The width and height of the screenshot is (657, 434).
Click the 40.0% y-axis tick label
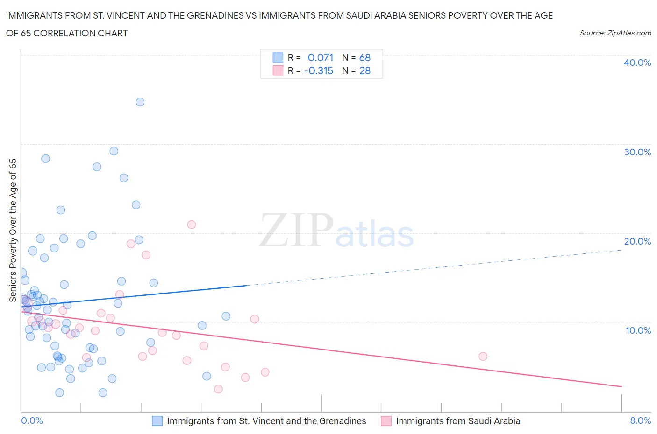point(637,63)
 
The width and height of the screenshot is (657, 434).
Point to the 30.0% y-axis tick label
point(637,152)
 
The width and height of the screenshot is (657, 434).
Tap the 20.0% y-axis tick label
point(637,241)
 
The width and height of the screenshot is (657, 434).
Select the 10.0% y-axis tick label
point(638,330)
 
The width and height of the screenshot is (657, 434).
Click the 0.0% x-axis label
point(32,420)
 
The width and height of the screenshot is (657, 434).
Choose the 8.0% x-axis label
point(640,420)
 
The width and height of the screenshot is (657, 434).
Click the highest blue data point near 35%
point(140,102)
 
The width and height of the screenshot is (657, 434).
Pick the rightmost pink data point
point(483,357)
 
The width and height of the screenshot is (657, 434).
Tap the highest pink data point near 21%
point(191,224)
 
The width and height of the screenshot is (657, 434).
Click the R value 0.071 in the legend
point(321,57)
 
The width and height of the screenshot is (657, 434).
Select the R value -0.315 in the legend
point(319,70)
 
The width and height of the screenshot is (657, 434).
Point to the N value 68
point(364,57)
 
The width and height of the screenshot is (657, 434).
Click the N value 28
point(364,70)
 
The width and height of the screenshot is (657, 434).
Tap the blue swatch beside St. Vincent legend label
point(157,421)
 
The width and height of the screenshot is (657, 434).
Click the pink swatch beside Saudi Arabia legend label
point(386,421)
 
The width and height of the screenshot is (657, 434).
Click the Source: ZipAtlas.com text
point(615,33)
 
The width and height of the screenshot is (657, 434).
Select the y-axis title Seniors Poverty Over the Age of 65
point(13,230)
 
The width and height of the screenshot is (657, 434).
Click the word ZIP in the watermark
point(296,230)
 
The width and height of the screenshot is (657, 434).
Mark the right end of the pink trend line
point(622,386)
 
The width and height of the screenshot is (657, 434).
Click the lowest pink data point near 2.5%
point(218,389)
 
